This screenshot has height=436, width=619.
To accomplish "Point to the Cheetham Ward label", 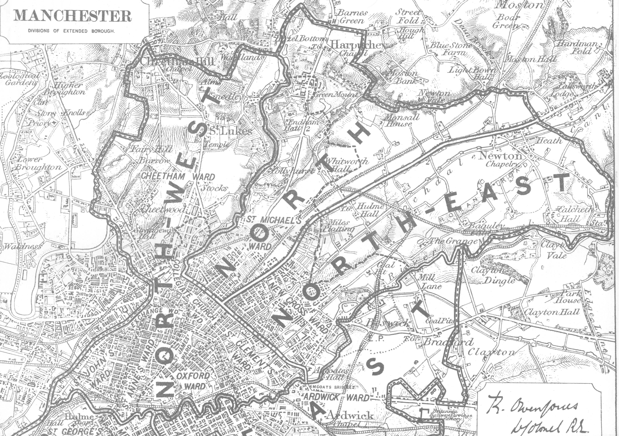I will pyautogui.click(x=178, y=177).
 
